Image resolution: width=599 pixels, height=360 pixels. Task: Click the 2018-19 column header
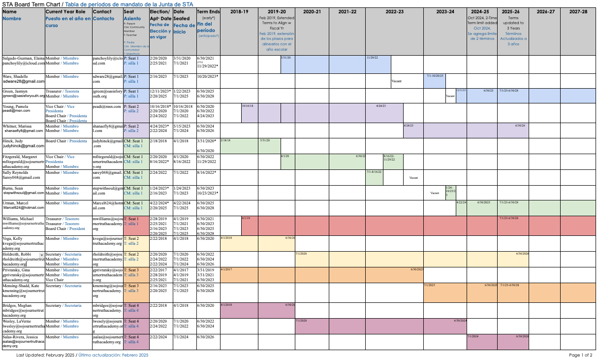click(x=239, y=11)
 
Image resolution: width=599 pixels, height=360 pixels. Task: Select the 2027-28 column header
click(x=578, y=11)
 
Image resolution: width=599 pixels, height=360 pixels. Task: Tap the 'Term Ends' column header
click(x=208, y=11)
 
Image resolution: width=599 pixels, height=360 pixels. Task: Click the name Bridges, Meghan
click(x=17, y=306)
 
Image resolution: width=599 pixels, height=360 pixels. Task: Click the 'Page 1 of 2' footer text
click(x=580, y=355)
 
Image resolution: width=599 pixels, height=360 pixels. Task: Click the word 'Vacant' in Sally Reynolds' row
click(x=413, y=178)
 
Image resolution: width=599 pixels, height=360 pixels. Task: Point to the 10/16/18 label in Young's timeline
click(x=248, y=106)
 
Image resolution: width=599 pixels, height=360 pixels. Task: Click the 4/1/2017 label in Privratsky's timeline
click(x=226, y=269)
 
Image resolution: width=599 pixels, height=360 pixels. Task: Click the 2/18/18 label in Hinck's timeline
click(x=225, y=140)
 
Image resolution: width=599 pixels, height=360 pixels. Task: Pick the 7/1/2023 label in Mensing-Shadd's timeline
click(x=430, y=285)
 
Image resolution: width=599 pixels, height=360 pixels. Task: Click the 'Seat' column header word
click(x=128, y=11)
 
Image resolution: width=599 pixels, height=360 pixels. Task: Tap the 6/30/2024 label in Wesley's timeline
click(x=460, y=321)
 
